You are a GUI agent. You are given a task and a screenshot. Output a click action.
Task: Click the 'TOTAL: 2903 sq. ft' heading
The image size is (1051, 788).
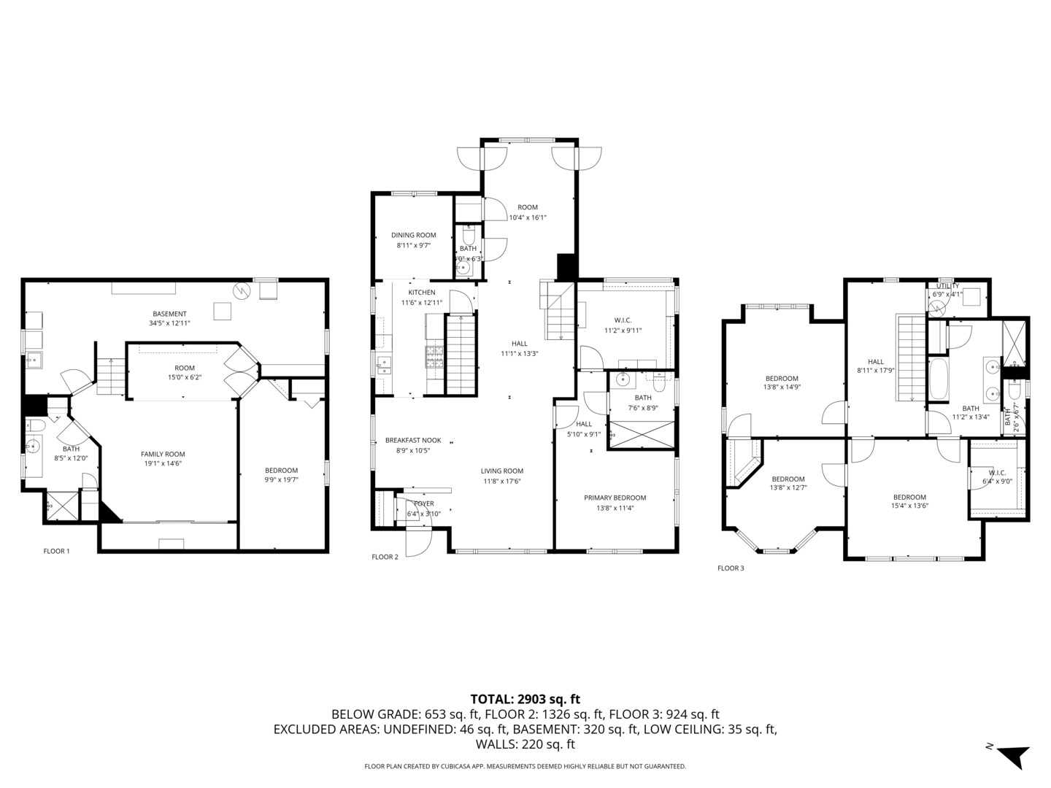pyautogui.click(x=525, y=699)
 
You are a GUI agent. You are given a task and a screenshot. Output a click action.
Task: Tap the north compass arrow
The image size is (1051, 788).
pyautogui.click(x=1012, y=755)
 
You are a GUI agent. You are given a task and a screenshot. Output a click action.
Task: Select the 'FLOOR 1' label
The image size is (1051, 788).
pyautogui.click(x=56, y=551)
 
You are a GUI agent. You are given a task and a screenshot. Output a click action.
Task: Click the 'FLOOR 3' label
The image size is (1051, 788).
pyautogui.click(x=731, y=568)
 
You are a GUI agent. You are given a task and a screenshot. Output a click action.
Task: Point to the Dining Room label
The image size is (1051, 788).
pyautogui.click(x=414, y=235)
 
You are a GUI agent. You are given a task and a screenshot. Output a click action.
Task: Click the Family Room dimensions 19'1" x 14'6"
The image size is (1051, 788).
pyautogui.click(x=163, y=463)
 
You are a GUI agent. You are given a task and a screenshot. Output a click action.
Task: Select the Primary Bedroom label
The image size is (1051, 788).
pyautogui.click(x=615, y=498)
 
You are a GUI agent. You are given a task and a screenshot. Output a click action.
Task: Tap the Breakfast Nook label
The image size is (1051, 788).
pyautogui.click(x=413, y=440)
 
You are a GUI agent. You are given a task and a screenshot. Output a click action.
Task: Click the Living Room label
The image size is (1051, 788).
pyautogui.click(x=501, y=471)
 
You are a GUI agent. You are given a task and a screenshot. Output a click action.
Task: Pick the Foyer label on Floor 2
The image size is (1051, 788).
pyautogui.click(x=423, y=503)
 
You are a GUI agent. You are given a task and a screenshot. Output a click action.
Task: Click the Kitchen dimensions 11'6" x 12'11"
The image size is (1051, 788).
pyautogui.click(x=421, y=302)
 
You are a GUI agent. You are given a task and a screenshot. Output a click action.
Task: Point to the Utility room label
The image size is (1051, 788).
pyautogui.click(x=947, y=286)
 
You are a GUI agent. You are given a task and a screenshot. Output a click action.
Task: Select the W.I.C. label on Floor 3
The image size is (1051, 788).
pyautogui.click(x=997, y=473)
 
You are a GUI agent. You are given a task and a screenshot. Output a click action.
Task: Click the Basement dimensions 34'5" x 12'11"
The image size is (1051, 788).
pyautogui.click(x=169, y=322)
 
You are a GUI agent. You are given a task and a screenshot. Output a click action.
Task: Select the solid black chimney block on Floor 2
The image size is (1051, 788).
pyautogui.click(x=566, y=266)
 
